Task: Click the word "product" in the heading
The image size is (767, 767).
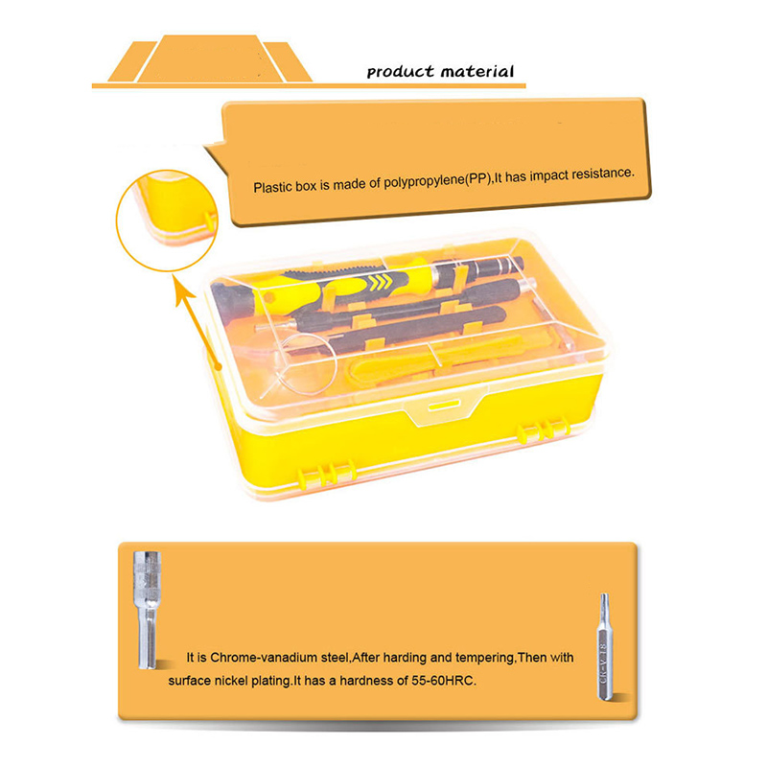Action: pyautogui.click(x=400, y=73)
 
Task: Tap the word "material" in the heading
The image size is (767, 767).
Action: pyautogui.click(x=476, y=71)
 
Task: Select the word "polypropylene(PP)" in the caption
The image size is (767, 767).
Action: pyautogui.click(x=437, y=181)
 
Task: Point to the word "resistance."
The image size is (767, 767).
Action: pyautogui.click(x=603, y=174)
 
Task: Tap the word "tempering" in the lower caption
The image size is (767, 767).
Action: pyautogui.click(x=485, y=658)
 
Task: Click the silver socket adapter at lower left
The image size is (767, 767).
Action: pyautogui.click(x=147, y=610)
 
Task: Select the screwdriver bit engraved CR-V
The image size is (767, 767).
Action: pyautogui.click(x=605, y=646)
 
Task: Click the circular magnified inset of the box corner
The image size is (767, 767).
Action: pyautogui.click(x=167, y=221)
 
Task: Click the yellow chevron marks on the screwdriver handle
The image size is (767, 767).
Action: pyautogui.click(x=382, y=282)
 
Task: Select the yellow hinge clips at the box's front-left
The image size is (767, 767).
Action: pyautogui.click(x=326, y=473)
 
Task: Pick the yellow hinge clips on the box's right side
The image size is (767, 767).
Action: pyautogui.click(x=544, y=430)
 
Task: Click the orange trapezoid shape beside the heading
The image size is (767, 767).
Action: pyautogui.click(x=210, y=58)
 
